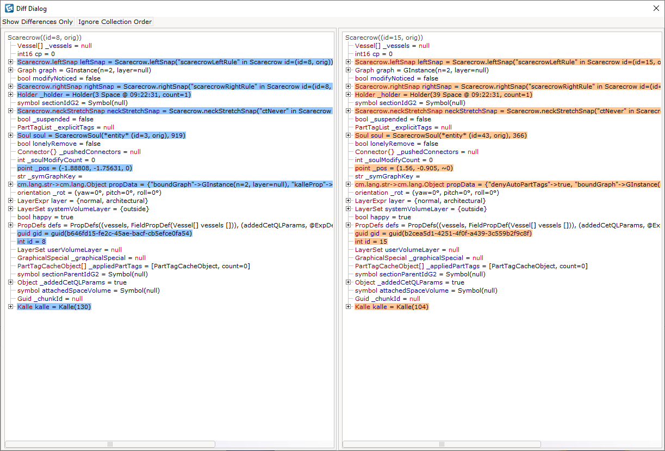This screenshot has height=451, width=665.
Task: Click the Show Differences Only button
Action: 38,22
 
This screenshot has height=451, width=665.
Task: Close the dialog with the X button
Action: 656,8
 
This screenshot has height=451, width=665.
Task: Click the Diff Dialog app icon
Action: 9,8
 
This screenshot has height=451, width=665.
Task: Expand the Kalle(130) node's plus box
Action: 11,307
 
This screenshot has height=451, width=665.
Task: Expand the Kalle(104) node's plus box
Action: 348,307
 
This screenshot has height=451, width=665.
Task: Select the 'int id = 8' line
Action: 32,242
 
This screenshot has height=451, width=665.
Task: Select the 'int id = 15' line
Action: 371,242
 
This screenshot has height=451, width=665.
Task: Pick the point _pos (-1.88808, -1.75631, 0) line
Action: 74,168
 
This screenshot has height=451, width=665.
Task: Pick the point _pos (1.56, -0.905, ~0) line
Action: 404,168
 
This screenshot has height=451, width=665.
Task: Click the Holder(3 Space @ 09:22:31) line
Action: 104,95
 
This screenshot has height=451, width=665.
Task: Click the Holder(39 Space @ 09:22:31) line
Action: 444,95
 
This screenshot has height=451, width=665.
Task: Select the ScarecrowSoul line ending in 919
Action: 101,135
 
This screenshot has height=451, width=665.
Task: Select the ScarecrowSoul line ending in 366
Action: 441,135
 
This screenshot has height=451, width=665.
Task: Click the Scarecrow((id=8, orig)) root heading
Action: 45,38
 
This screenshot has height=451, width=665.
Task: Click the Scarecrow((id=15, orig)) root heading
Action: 384,38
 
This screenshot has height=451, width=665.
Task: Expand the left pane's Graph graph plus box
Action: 11,70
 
